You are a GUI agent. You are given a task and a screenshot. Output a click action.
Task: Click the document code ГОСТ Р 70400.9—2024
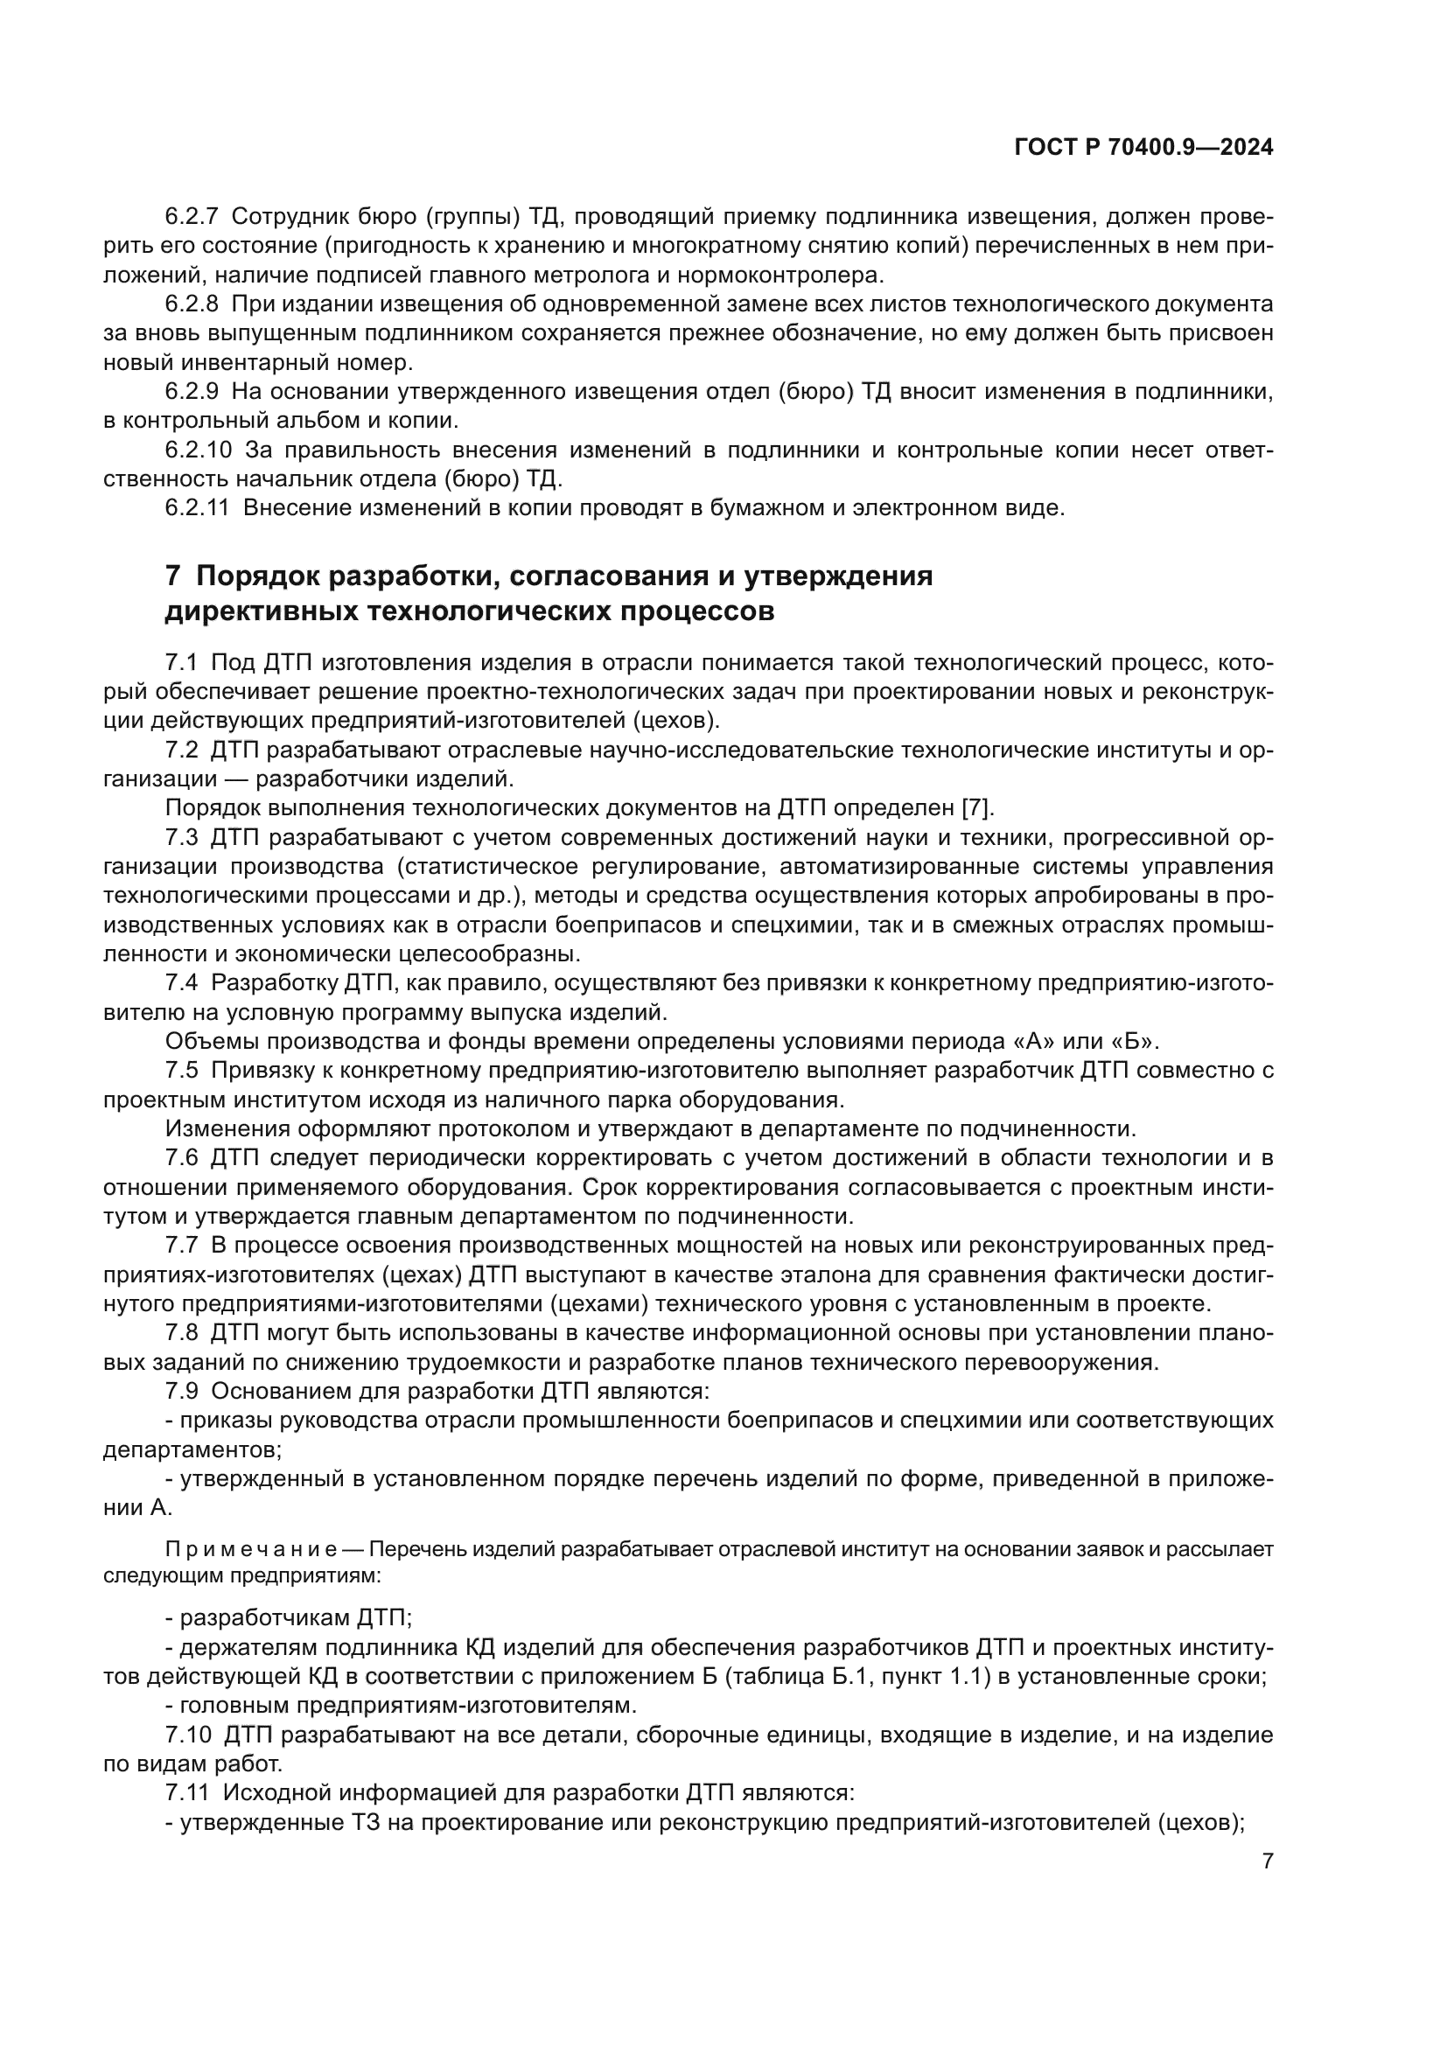click(1143, 148)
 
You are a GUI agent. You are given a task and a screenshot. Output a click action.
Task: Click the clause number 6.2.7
click(192, 217)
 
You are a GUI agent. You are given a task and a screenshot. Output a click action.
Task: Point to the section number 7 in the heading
click(173, 576)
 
